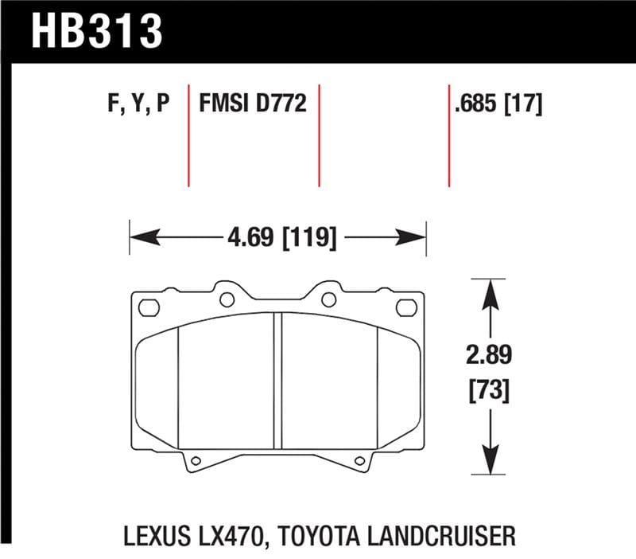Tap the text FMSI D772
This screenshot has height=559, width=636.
point(252,104)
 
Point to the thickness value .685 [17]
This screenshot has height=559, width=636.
point(496,104)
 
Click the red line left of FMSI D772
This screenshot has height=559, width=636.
point(188,134)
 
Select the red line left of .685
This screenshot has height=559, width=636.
point(449,134)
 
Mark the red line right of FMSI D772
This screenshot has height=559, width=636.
point(319,134)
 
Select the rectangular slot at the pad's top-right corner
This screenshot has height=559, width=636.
point(405,306)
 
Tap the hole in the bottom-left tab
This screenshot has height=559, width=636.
point(196,459)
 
